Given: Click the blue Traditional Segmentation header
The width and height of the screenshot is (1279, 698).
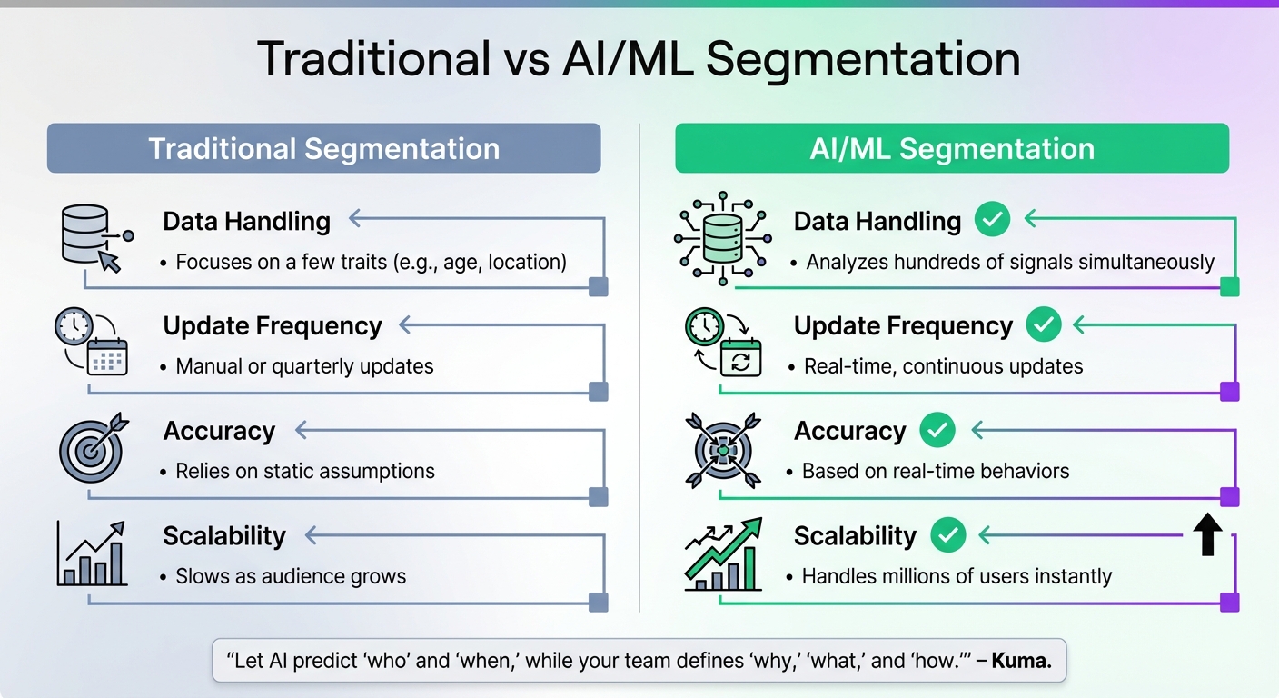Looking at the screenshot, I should pyautogui.click(x=323, y=148).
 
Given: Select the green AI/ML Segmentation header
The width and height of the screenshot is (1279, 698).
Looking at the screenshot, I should pyautogui.click(x=951, y=148).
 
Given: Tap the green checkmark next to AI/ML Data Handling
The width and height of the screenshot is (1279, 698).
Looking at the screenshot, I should pyautogui.click(x=992, y=220).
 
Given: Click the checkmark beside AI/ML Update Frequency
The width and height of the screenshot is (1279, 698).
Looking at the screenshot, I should pyautogui.click(x=1043, y=324).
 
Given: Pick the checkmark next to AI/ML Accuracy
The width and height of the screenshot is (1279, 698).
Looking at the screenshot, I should pyautogui.click(x=937, y=430).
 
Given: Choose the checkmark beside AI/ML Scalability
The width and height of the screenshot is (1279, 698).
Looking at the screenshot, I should pyautogui.click(x=947, y=535).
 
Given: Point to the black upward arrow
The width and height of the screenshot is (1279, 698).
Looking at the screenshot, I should pyautogui.click(x=1206, y=535).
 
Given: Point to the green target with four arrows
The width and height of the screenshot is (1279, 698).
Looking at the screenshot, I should pyautogui.click(x=722, y=448).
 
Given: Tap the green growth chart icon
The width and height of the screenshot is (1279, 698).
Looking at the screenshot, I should pyautogui.click(x=722, y=553).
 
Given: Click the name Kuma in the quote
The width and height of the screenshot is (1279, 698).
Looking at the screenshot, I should pyautogui.click(x=1021, y=661).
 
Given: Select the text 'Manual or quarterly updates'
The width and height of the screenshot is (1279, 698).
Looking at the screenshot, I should pyautogui.click(x=304, y=367).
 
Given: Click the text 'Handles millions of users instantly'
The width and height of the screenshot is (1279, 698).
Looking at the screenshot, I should pyautogui.click(x=957, y=577).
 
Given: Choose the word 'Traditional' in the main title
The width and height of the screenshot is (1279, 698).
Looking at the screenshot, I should pyautogui.click(x=373, y=59).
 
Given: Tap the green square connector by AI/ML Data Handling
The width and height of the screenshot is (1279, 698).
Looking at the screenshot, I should pyautogui.click(x=1229, y=288).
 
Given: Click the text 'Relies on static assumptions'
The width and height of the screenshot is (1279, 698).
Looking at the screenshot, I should pyautogui.click(x=305, y=472).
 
